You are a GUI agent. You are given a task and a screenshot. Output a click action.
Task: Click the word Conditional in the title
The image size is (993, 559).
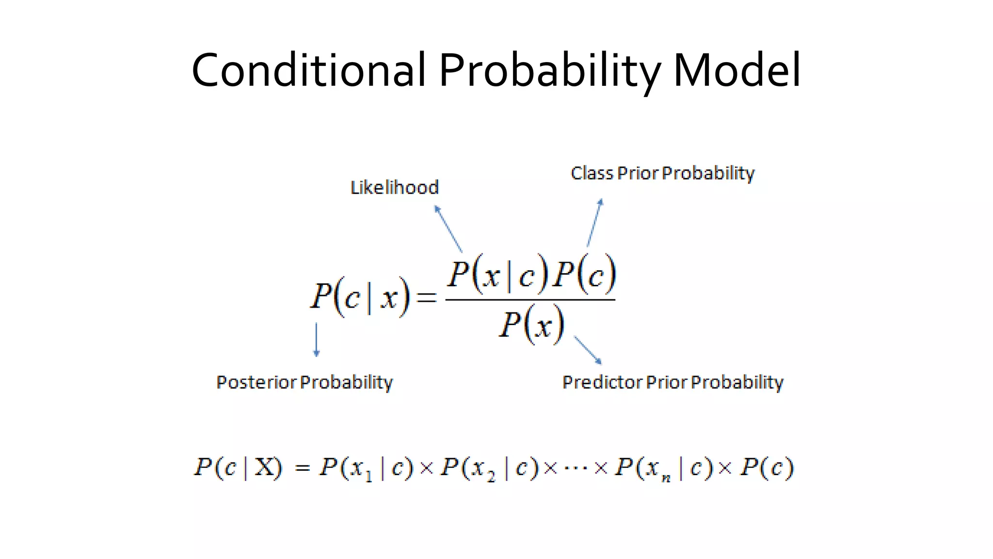pyautogui.click(x=308, y=70)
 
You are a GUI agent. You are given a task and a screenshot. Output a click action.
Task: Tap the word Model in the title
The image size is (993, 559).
pyautogui.click(x=737, y=70)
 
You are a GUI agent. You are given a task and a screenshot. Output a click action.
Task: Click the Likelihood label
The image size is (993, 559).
pyautogui.click(x=394, y=187)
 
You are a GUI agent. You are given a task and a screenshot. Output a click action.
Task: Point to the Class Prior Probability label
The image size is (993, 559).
pyautogui.click(x=662, y=173)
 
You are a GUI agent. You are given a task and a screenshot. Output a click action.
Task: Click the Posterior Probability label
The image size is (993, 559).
pyautogui.click(x=304, y=382)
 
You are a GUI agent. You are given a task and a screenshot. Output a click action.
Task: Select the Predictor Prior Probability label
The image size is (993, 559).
pyautogui.click(x=673, y=382)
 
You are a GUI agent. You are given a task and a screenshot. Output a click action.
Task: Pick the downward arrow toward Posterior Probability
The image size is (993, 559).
pyautogui.click(x=317, y=340)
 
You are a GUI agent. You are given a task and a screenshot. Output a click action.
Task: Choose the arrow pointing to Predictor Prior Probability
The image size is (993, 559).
pyautogui.click(x=588, y=349)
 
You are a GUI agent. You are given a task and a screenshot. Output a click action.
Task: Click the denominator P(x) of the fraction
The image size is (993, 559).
pyautogui.click(x=532, y=324)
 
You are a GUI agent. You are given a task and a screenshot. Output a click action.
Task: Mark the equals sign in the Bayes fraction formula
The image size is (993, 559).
pyautogui.click(x=427, y=297)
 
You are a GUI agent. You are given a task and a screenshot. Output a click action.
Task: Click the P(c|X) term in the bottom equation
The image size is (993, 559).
pyautogui.click(x=238, y=468)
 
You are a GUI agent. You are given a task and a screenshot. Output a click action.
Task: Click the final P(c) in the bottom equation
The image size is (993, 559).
pyautogui.click(x=767, y=468)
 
